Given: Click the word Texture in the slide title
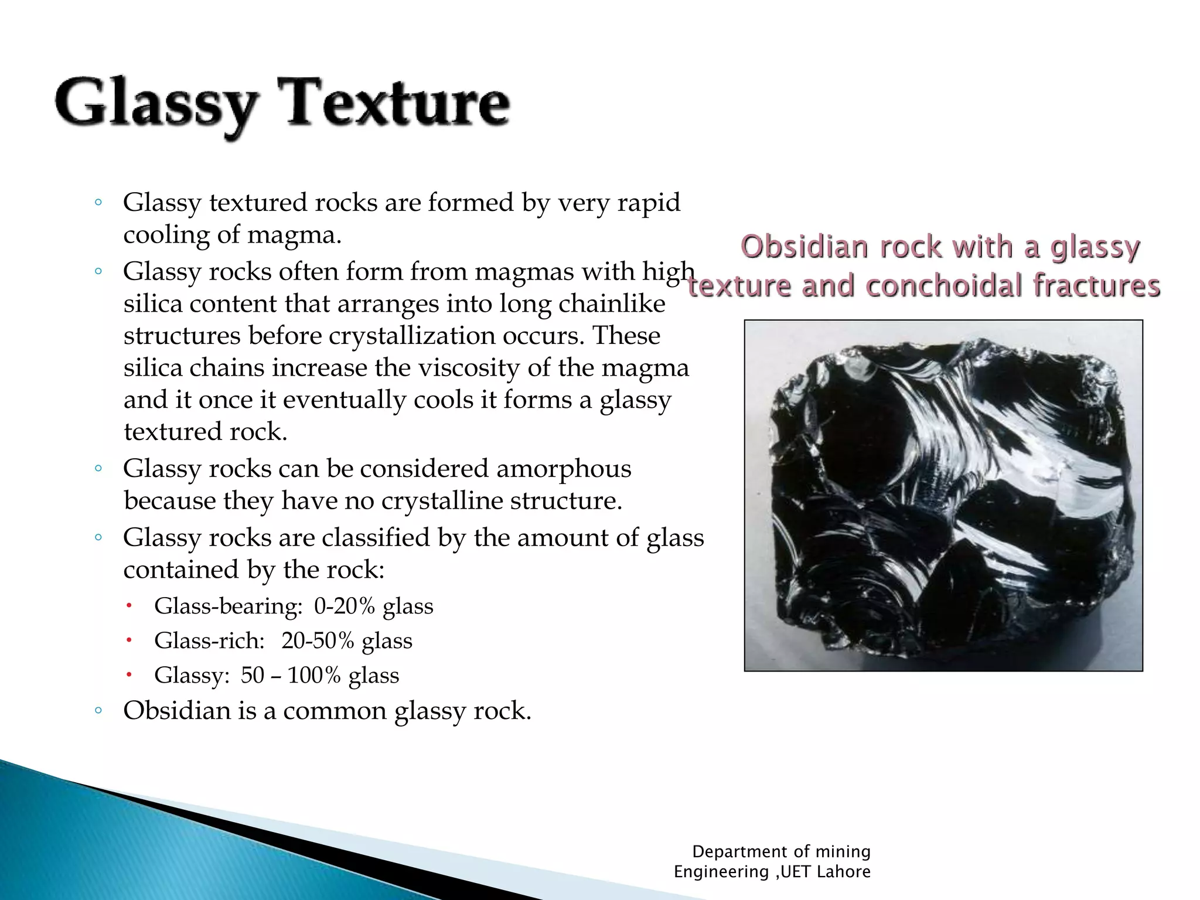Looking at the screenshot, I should point(397,104).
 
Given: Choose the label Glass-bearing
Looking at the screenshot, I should point(228,606).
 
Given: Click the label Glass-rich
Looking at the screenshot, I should point(209,640).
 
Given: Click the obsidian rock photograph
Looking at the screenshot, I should point(943,495).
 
